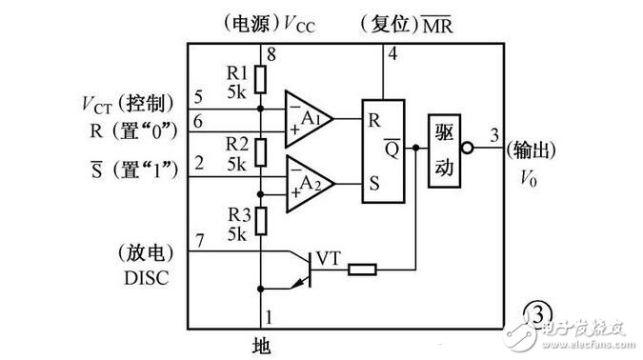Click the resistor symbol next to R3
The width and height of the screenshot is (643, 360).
click(x=261, y=220)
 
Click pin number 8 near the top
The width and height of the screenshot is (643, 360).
click(x=271, y=54)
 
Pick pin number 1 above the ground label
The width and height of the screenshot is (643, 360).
click(x=270, y=314)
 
